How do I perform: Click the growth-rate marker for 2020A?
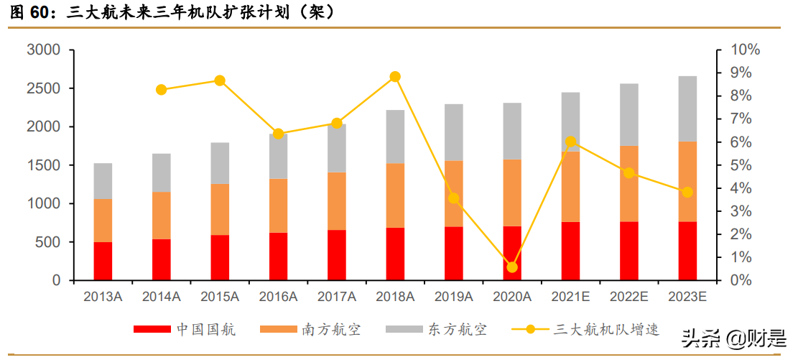click(512, 267)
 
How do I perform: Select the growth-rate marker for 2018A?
click(395, 77)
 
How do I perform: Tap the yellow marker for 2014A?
click(161, 90)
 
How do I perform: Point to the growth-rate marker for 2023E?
click(687, 192)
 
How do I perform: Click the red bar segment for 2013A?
click(103, 261)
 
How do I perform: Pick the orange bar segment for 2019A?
click(453, 193)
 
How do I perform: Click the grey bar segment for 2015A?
click(220, 163)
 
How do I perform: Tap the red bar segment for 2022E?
click(629, 251)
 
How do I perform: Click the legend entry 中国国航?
click(185, 330)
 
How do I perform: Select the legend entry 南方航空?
click(310, 330)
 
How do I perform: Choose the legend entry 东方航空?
click(436, 330)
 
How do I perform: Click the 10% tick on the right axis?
click(746, 50)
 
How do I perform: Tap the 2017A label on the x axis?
click(337, 296)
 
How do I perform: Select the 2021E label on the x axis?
click(570, 296)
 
